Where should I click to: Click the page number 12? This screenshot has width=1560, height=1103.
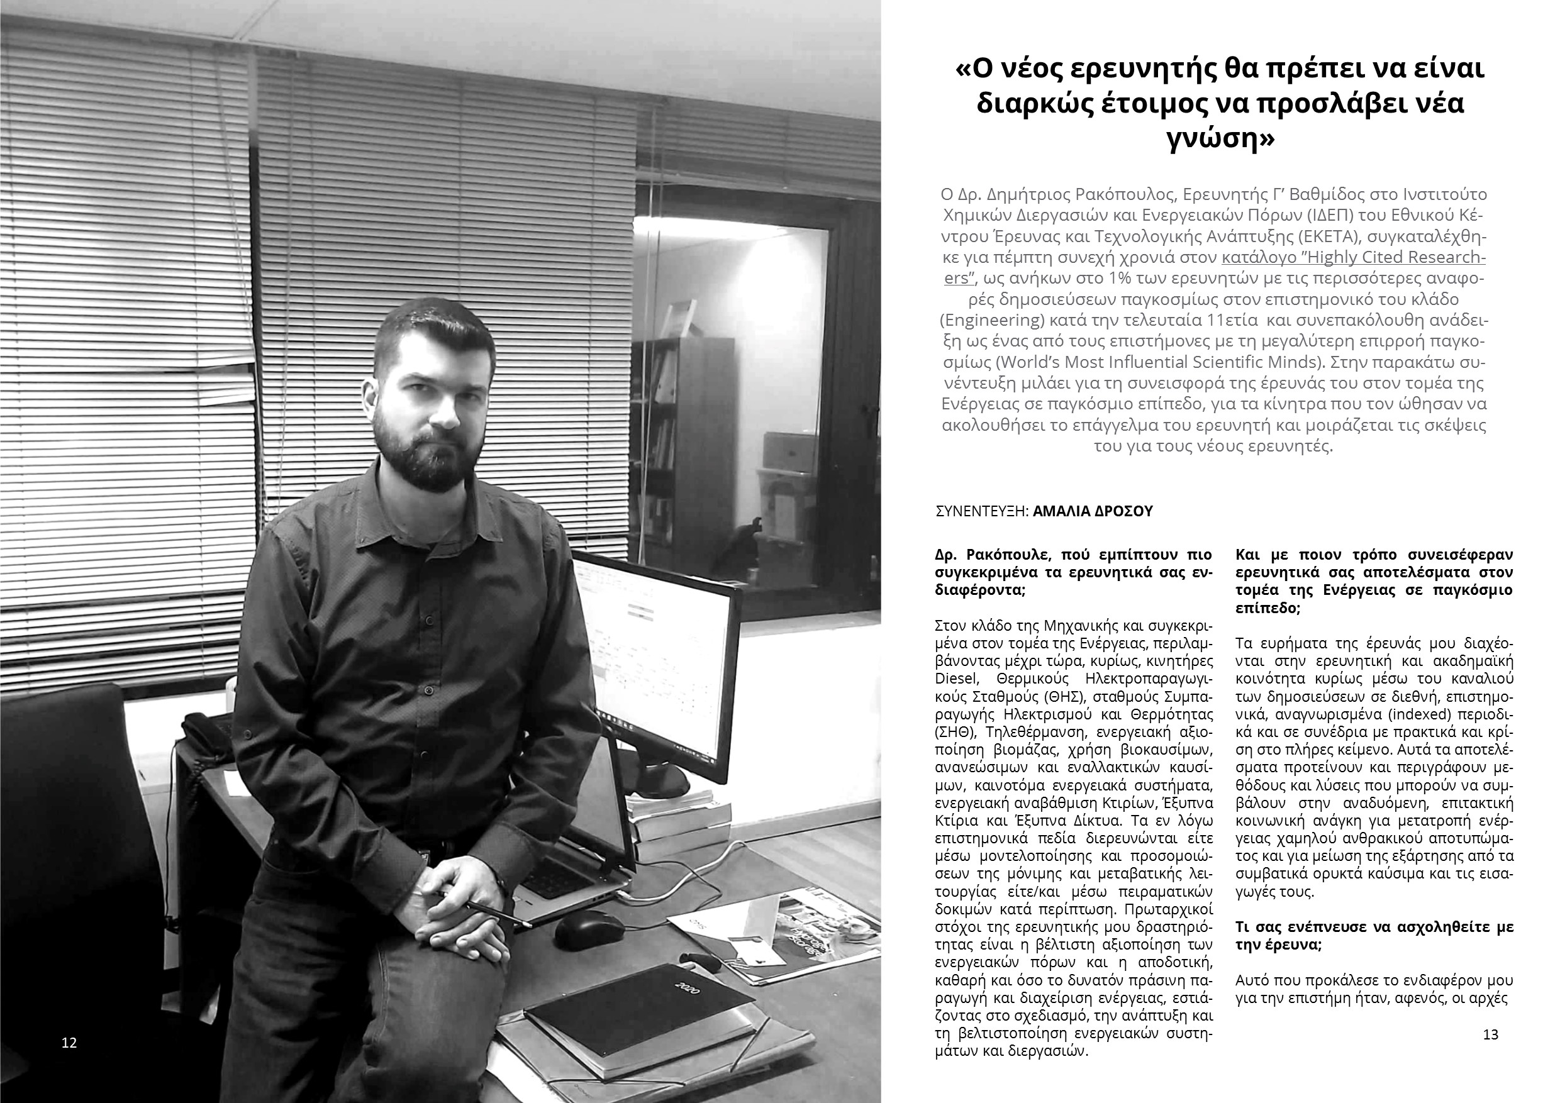pos(69,1043)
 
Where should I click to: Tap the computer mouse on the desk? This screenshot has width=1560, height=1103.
pos(588,929)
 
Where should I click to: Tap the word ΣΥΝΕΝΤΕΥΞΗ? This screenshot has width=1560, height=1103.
pos(981,511)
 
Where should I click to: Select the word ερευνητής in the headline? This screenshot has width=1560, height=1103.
pos(1152,70)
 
